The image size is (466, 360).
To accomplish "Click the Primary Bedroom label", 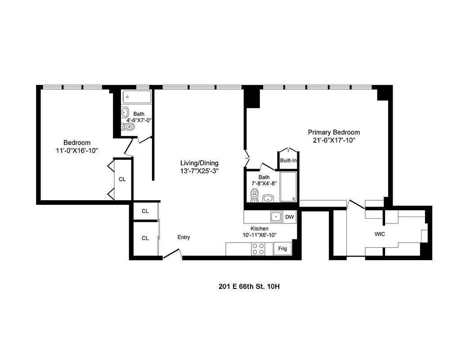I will pyautogui.click(x=334, y=132).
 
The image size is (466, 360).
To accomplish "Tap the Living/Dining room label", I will pyautogui.click(x=199, y=163).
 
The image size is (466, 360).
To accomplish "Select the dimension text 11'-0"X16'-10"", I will pyautogui.click(x=76, y=151).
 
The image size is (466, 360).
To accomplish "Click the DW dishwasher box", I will pyautogui.click(x=290, y=217).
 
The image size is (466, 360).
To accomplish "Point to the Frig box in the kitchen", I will pyautogui.click(x=282, y=248).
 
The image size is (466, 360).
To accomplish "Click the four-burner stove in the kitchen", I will pyautogui.click(x=259, y=249).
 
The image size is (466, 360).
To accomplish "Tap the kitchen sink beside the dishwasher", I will pyautogui.click(x=276, y=217).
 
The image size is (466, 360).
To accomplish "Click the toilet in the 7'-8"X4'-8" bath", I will pyautogui.click(x=255, y=195).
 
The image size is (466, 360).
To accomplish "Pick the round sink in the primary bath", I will pyautogui.click(x=269, y=198).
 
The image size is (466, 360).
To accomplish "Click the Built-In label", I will pyautogui.click(x=288, y=160).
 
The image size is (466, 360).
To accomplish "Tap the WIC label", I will pyautogui.click(x=380, y=234).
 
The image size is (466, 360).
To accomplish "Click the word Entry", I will pyautogui.click(x=184, y=237).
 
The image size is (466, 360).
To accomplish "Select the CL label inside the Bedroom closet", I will pyautogui.click(x=122, y=179).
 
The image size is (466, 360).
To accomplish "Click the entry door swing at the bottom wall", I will pyautogui.click(x=172, y=254).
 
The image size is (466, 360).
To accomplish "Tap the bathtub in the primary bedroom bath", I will pyautogui.click(x=288, y=186).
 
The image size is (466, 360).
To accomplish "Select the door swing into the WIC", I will pyautogui.click(x=357, y=204).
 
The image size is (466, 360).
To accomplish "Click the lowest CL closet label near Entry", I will pyautogui.click(x=145, y=238).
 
